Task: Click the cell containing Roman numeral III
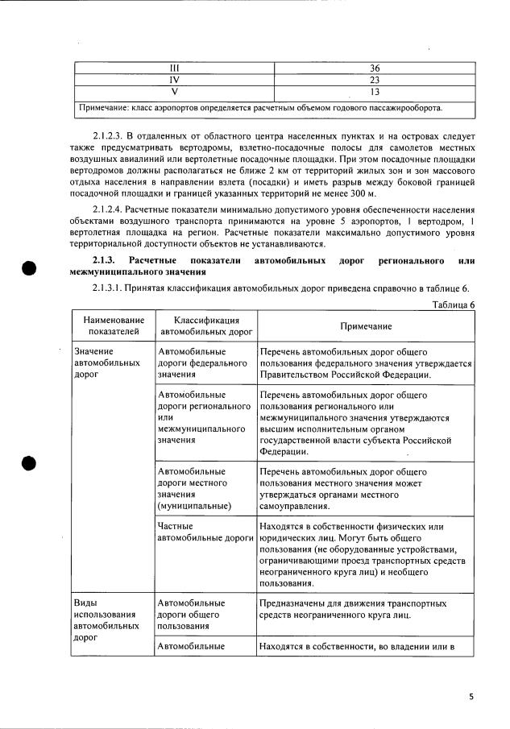pyautogui.click(x=173, y=68)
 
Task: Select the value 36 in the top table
pyautogui.click(x=374, y=68)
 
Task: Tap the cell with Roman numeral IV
pyautogui.click(x=173, y=80)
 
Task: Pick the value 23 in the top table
pyautogui.click(x=374, y=80)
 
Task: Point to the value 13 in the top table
pyautogui.click(x=374, y=92)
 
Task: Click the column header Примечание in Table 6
pyautogui.click(x=365, y=325)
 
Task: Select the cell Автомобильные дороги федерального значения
pyautogui.click(x=202, y=363)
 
